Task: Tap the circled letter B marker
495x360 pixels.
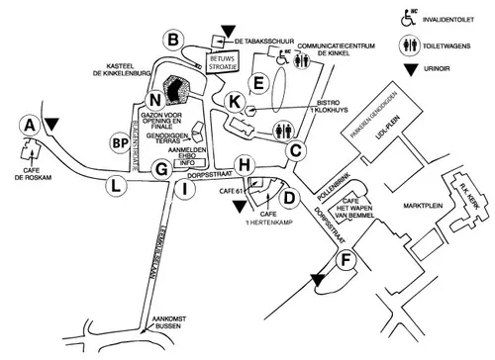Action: [x=174, y=40]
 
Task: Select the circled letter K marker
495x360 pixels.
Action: [x=235, y=100]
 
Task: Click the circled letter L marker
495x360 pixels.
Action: [x=117, y=184]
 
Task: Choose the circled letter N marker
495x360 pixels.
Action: [x=153, y=99]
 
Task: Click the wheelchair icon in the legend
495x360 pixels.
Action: [x=407, y=18]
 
